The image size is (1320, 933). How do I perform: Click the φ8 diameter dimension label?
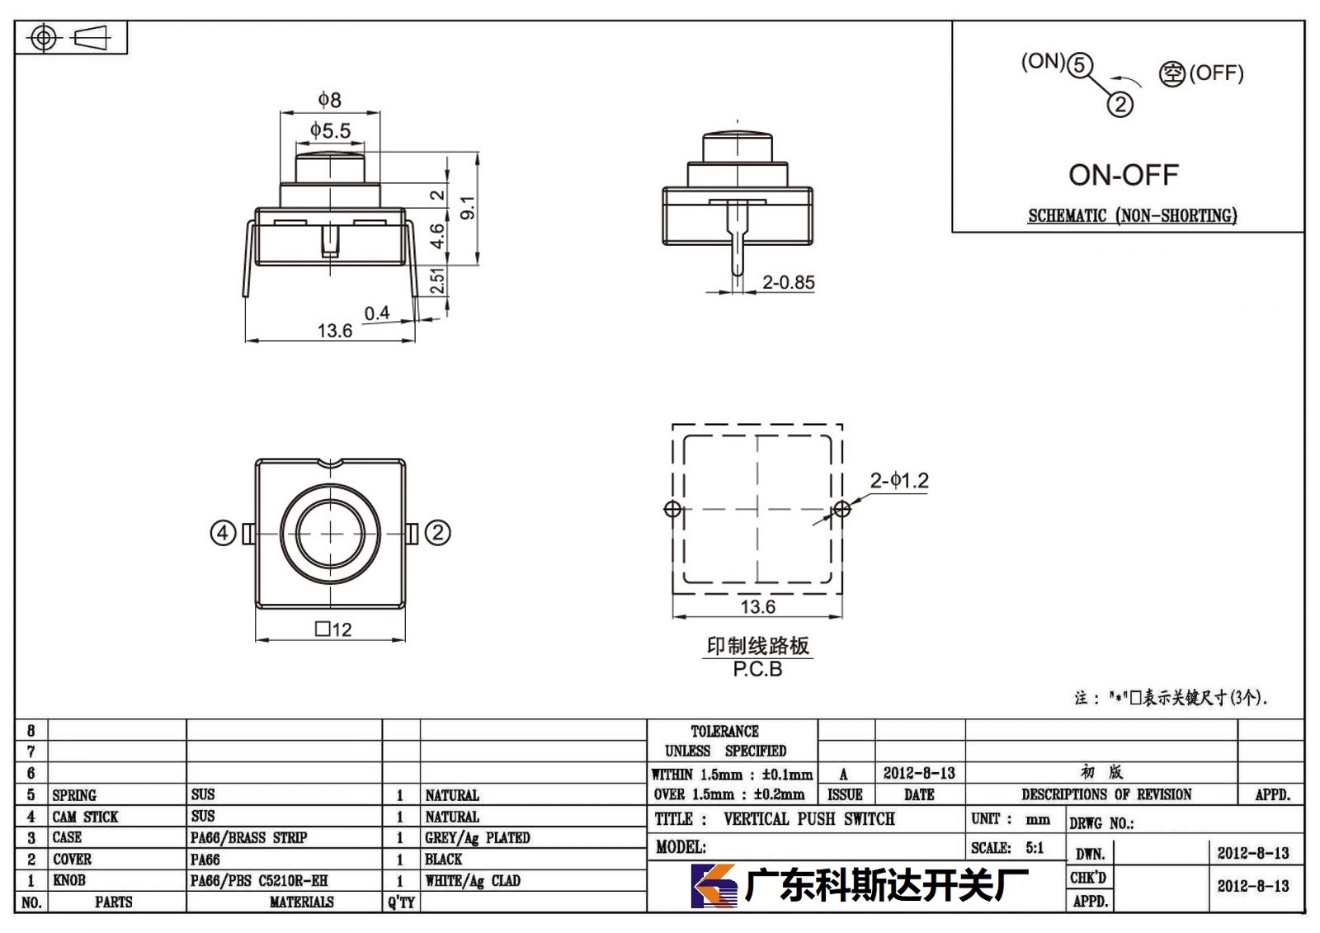[329, 100]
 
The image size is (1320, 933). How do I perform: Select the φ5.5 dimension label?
[330, 130]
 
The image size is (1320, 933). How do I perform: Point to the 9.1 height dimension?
[467, 208]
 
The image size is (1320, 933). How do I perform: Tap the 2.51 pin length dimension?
[436, 280]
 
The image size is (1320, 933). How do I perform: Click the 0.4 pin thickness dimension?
[376, 313]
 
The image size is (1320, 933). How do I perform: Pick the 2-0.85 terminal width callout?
[789, 282]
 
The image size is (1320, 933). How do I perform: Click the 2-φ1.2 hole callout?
[899, 480]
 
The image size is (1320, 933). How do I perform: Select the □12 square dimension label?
[333, 629]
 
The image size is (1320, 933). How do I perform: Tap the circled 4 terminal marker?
[223, 534]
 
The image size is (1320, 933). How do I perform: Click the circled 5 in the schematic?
[1080, 65]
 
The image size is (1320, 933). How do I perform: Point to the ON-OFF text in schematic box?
[1123, 175]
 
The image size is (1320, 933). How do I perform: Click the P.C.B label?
[757, 669]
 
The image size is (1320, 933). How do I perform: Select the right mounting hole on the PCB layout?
[842, 509]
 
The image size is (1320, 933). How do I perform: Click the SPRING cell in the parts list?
[74, 795]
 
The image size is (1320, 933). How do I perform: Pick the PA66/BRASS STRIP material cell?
[248, 837]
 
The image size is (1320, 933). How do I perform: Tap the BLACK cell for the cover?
[443, 859]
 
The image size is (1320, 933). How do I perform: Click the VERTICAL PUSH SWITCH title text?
[809, 819]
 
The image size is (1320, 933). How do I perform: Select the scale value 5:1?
[1035, 847]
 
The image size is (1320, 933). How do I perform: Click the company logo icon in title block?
[714, 885]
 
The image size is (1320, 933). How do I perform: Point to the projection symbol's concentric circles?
[43, 38]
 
